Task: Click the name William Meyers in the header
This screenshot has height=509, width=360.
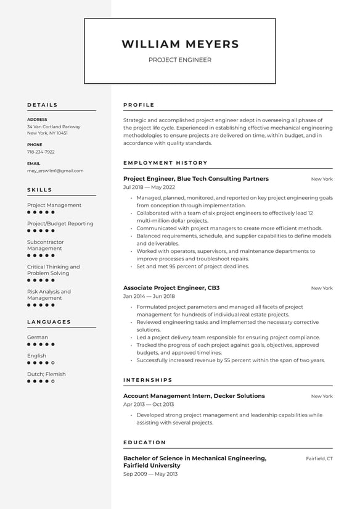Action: [180, 44]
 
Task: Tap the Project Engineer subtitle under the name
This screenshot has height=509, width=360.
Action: [180, 60]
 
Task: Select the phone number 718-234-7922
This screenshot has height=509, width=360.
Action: [41, 152]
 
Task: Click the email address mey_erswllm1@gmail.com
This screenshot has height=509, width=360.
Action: [55, 171]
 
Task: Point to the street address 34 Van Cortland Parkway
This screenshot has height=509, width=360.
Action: [54, 126]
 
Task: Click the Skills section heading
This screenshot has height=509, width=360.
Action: [39, 190]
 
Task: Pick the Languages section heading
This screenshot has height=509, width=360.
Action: [49, 322]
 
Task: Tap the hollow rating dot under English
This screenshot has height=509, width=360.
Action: [53, 363]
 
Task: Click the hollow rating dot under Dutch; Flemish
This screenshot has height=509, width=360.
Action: [53, 381]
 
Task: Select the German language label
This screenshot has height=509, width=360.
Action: [37, 337]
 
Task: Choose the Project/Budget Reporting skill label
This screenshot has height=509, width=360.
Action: [60, 223]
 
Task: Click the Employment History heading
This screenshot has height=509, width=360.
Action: [165, 163]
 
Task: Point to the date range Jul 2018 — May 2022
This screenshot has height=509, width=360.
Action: [149, 187]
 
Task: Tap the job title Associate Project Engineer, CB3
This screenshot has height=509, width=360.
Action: [171, 288]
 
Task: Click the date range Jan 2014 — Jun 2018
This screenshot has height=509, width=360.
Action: [149, 296]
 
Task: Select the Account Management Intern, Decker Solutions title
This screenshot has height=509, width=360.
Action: [194, 395]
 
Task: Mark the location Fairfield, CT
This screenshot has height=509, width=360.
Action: [319, 458]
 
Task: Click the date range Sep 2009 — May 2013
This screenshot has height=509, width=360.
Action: [150, 474]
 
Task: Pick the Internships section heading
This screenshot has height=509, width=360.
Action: [148, 380]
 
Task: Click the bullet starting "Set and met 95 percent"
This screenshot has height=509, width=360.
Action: [193, 267]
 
